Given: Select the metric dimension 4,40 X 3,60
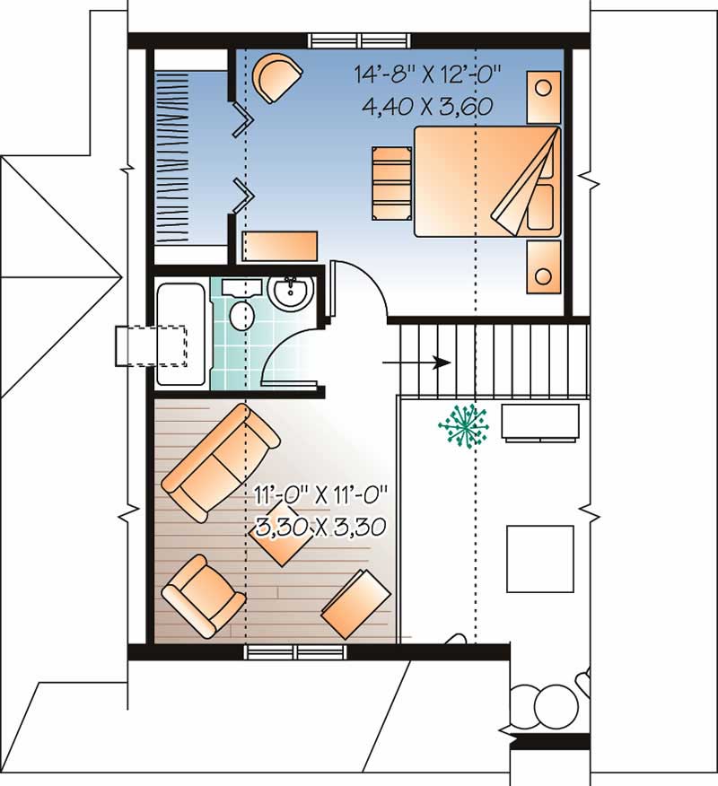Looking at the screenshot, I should point(427,107).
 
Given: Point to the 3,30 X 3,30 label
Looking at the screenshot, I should point(320,525).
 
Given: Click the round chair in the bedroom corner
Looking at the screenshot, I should point(278,77).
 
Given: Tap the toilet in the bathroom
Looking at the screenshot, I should point(240,315).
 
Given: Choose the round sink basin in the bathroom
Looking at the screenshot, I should point(289,293).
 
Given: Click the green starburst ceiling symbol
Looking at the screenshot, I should point(463,424).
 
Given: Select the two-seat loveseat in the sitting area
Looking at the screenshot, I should point(220,461).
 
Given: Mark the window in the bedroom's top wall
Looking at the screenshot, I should point(361,40).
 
